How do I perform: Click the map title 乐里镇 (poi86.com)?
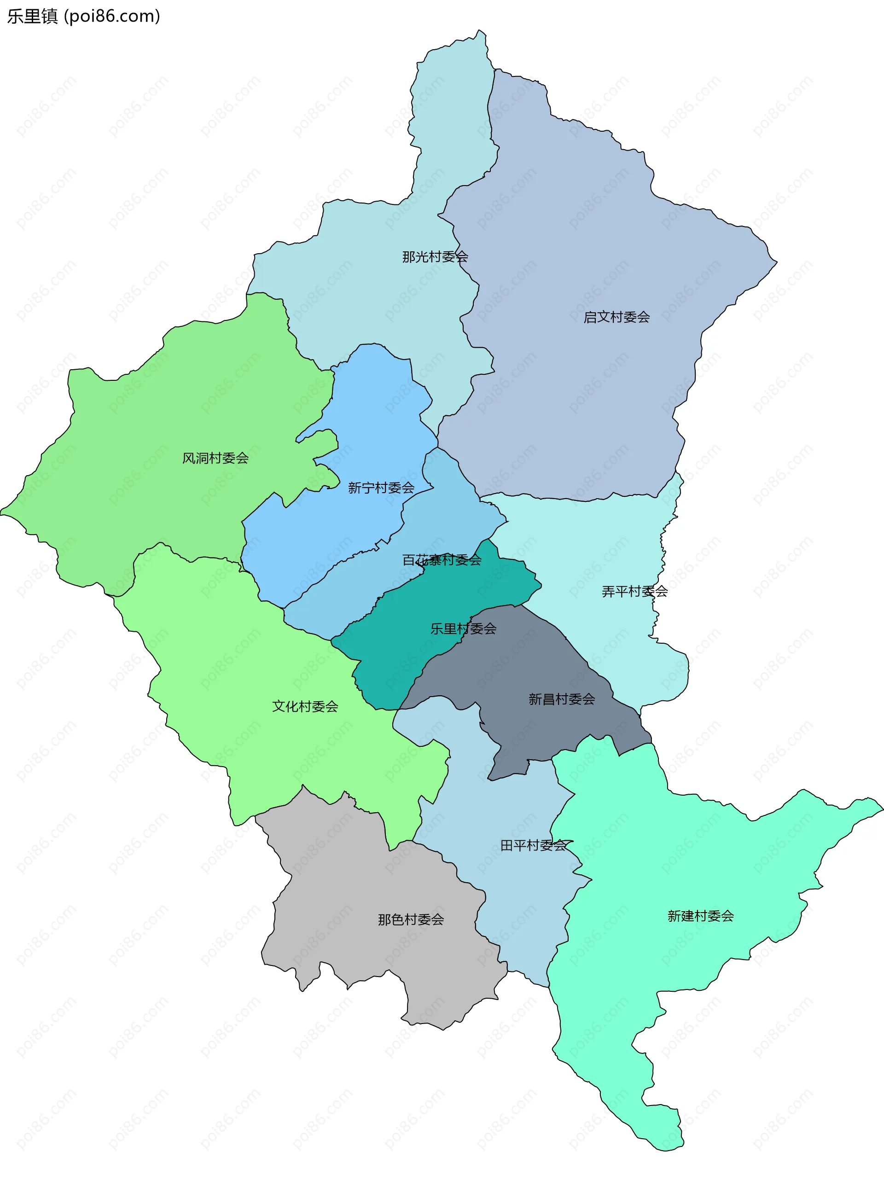83,16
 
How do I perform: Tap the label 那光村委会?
435,257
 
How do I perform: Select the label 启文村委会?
616,317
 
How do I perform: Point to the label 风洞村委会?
215,458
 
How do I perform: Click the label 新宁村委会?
381,488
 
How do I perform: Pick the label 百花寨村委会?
442,559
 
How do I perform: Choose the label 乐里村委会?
463,628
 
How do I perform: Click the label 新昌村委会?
561,699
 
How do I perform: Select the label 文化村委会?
305,706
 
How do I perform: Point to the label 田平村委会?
533,845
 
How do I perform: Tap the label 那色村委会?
411,919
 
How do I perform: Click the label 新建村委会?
700,916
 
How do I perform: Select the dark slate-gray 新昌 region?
534,662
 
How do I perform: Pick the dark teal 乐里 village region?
395,657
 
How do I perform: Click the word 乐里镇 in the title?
32,16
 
